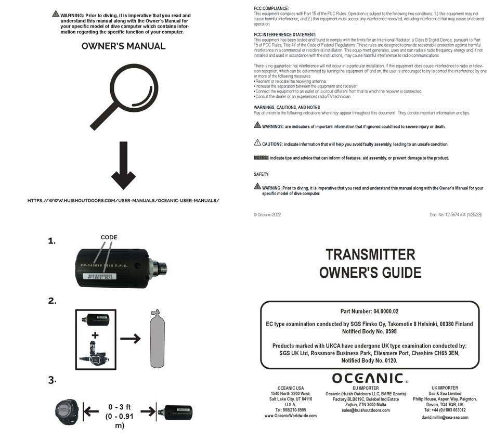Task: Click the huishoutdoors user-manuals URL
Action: [123, 200]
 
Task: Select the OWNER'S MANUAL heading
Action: [123, 46]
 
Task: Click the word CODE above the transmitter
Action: [109, 237]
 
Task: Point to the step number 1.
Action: [51, 241]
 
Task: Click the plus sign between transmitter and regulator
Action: [95, 335]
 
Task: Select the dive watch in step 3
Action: [68, 411]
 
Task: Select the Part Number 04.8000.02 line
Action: [369, 311]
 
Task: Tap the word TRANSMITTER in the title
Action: [370, 254]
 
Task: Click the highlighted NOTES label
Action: [261, 158]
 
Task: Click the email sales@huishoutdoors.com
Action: [366, 410]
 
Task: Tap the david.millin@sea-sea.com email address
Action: [445, 418]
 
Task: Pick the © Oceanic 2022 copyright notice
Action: [267, 214]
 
